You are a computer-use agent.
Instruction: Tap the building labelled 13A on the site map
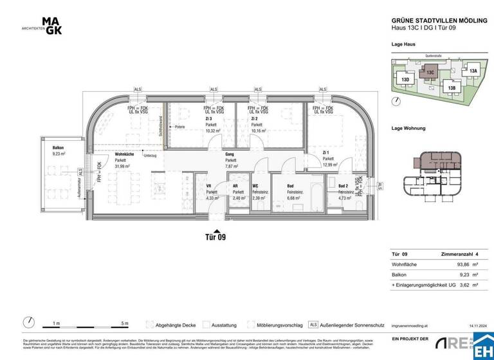473,71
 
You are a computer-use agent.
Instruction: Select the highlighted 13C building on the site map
430,73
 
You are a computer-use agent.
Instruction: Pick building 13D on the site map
405,79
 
